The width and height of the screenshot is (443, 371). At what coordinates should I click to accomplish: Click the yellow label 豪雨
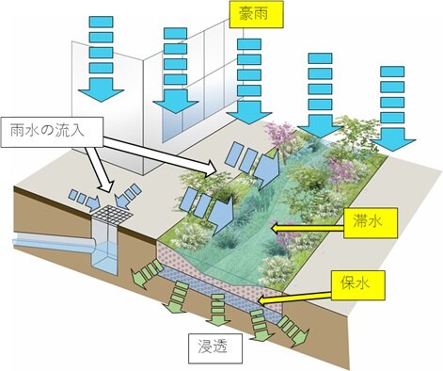256,14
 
